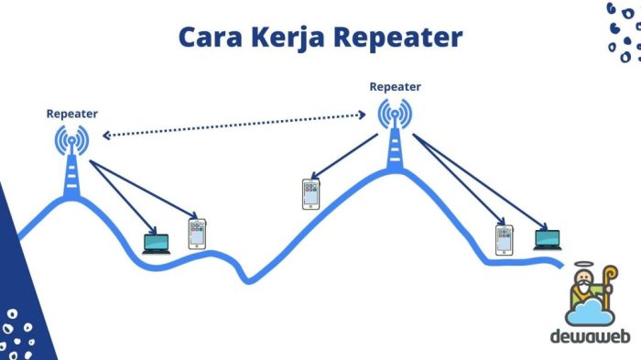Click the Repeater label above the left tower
tap(71, 114)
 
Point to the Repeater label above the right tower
tap(396, 87)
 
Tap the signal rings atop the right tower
tap(396, 115)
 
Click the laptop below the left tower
tap(158, 243)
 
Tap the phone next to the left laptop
tap(195, 234)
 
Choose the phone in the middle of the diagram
tap(311, 194)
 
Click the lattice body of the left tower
tap(71, 176)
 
